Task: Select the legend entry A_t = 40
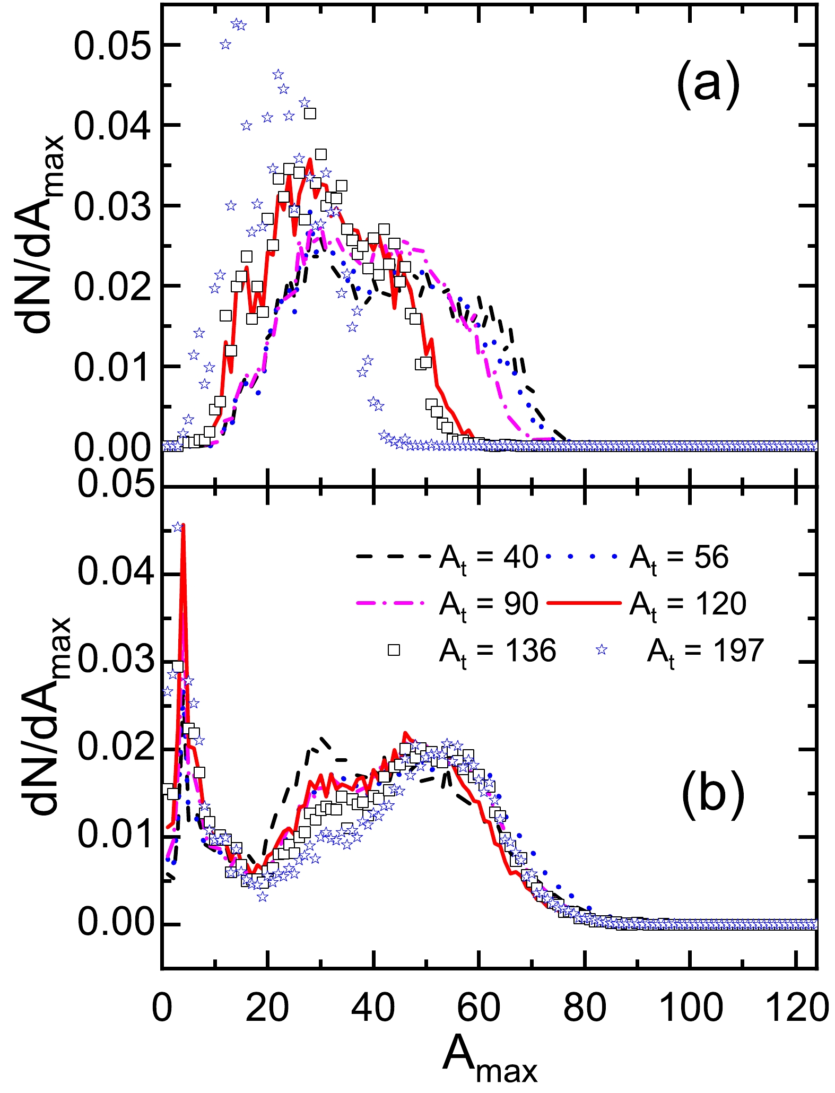(x=488, y=559)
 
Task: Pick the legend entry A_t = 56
(x=679, y=559)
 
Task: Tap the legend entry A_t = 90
(x=488, y=604)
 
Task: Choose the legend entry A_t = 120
(x=687, y=604)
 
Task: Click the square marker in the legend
(x=394, y=650)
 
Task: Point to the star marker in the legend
(x=601, y=650)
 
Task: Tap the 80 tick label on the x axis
(x=584, y=1008)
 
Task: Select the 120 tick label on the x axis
(x=797, y=1008)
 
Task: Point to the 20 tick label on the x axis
(x=267, y=1008)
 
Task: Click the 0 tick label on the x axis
(x=162, y=1008)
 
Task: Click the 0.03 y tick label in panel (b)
(x=112, y=662)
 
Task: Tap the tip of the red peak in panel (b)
(x=183, y=525)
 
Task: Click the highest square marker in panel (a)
(x=310, y=113)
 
